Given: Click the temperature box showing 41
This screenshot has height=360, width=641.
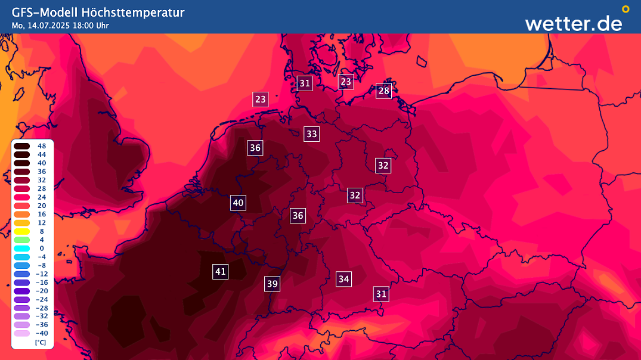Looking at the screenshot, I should [221, 272].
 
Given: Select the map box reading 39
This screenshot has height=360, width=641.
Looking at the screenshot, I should [272, 284].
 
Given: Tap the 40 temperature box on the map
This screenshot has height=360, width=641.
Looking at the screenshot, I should [238, 203].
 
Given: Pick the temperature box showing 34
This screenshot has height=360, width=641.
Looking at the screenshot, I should [343, 278].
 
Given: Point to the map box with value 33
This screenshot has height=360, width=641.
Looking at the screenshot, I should [311, 134].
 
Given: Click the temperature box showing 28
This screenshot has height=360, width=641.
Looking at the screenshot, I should [383, 91].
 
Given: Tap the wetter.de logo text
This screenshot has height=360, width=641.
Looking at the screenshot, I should [573, 23].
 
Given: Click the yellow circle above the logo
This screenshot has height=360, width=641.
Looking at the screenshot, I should [625, 9].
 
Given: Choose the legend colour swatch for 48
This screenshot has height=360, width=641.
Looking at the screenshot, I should [22, 146].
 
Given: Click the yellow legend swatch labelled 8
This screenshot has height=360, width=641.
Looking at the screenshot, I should [22, 231].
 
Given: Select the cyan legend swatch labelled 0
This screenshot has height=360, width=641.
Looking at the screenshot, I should [22, 248].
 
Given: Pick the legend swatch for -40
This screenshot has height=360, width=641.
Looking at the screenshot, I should [22, 333].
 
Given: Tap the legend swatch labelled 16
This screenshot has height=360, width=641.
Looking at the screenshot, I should [22, 214].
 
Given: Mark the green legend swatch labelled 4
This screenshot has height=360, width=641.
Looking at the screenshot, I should [22, 240].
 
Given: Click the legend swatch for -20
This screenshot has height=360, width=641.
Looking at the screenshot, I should [22, 291].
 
